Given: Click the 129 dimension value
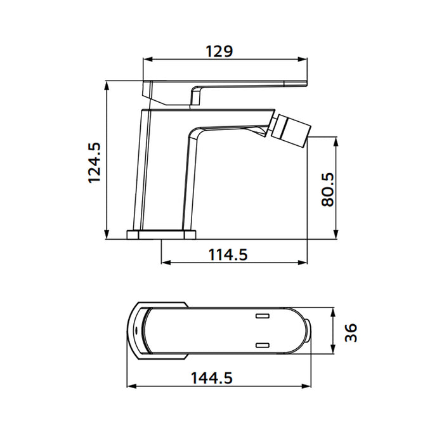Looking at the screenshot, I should [221, 51].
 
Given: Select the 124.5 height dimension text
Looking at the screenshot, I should [95, 163].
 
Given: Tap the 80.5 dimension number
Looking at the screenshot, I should [328, 188].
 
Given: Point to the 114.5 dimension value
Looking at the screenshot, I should [228, 254].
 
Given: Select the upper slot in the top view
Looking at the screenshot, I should [262, 315].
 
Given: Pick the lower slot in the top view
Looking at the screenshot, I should [262, 344].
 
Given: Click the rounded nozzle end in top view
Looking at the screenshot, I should [307, 330].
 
